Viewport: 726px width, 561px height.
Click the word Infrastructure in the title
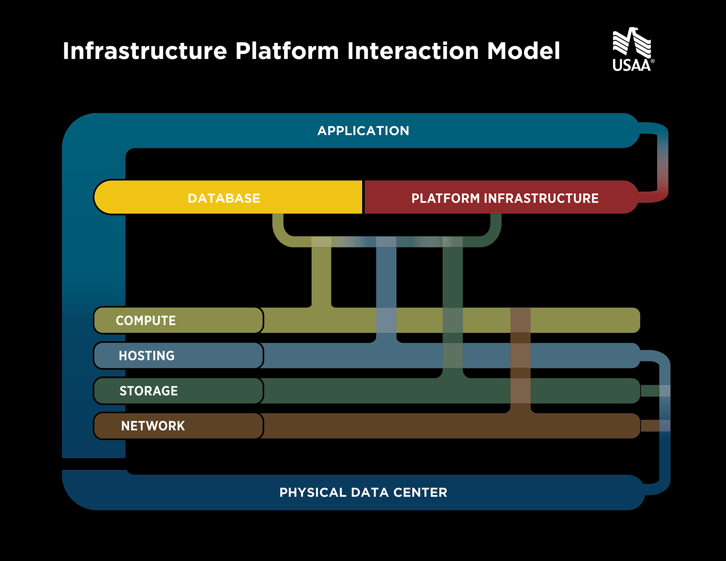145,51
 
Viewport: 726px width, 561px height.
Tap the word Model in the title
524,51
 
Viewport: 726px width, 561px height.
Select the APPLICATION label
363,131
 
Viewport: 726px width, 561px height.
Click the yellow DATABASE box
228,197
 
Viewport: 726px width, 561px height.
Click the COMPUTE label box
178,321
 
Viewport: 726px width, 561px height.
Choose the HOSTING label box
178,356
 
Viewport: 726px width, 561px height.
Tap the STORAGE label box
178,391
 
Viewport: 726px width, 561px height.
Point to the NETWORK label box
178,426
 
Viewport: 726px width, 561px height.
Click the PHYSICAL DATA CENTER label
363,493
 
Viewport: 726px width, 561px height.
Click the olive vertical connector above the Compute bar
321,272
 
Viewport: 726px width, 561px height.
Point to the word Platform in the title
287,51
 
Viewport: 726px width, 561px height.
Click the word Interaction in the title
413,51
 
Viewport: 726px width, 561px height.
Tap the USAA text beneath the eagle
631,65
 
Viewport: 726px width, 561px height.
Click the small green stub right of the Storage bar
650,391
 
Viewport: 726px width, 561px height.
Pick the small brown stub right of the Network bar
650,426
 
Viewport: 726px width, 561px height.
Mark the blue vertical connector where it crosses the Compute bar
386,321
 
